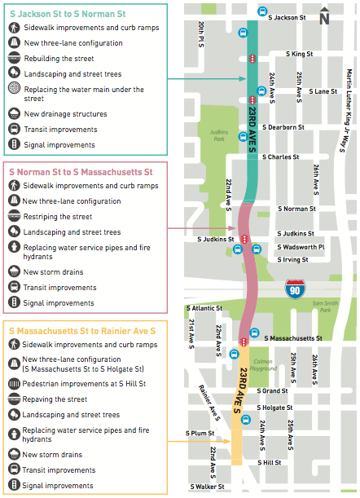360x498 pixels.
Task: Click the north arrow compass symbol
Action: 325,17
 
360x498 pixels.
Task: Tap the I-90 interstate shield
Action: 295,289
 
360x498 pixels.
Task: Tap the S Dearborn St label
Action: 283,127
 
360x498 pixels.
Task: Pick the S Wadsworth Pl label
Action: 301,247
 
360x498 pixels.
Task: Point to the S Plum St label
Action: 200,433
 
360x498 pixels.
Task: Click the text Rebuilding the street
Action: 58,59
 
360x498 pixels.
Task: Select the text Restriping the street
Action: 57,217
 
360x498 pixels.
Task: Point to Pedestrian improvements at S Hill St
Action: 84,384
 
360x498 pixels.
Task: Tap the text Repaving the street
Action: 55,399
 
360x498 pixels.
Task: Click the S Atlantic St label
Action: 204,308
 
